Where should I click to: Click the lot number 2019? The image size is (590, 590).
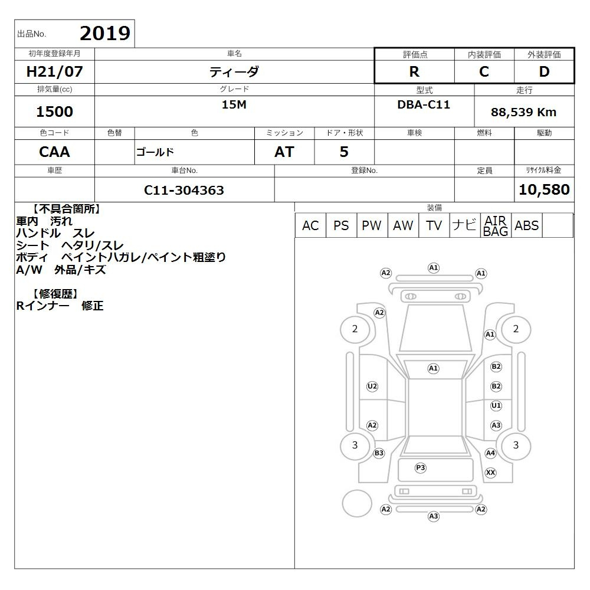(105, 34)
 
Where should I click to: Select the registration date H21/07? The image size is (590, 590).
(54, 71)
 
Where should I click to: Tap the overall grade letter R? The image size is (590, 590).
(414, 71)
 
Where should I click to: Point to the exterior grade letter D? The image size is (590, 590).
(544, 71)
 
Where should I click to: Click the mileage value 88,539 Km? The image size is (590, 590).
(523, 112)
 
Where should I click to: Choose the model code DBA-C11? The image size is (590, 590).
(424, 104)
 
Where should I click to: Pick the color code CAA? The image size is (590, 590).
(54, 152)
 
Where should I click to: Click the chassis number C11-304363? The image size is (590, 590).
(184, 191)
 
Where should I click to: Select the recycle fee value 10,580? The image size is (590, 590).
(544, 189)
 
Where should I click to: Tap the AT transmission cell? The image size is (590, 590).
(284, 152)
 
